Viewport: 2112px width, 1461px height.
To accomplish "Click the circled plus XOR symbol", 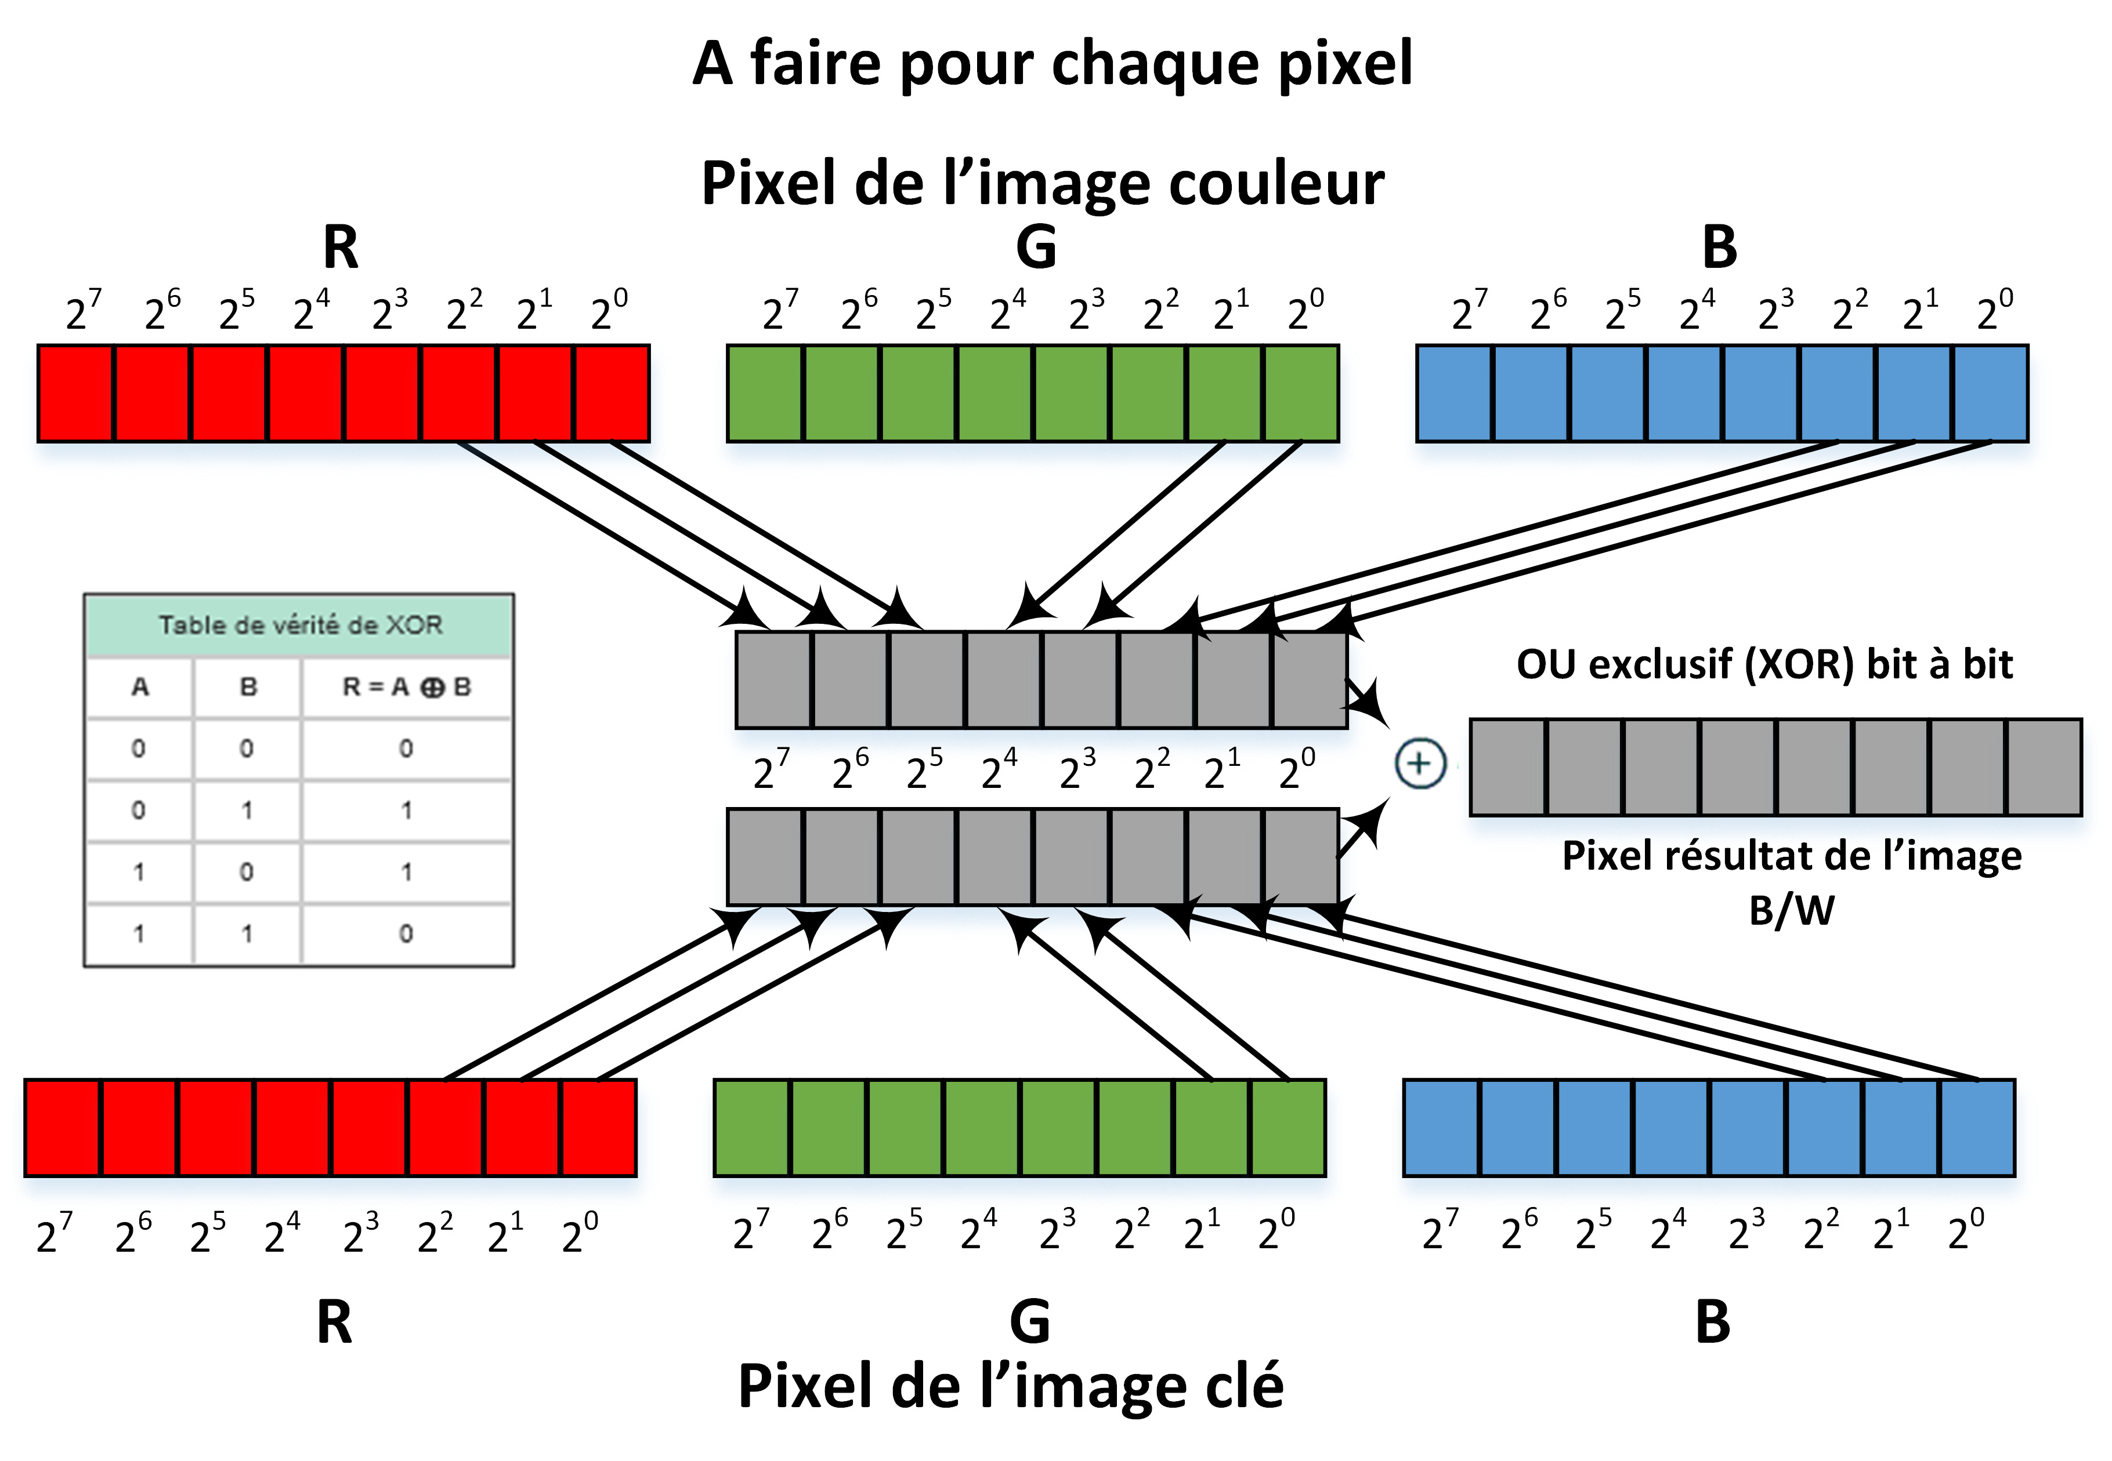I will click(x=1420, y=764).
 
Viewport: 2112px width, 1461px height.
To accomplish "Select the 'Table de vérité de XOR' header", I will click(x=299, y=625).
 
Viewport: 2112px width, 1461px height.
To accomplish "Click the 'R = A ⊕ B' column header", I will click(x=406, y=686).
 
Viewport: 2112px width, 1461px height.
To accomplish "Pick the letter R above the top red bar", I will click(x=341, y=247).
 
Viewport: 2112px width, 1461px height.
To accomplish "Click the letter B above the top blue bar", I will click(x=1719, y=247).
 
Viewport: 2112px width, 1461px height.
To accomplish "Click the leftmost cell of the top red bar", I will click(x=76, y=394).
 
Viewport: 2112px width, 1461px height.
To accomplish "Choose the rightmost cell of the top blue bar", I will click(x=1990, y=394).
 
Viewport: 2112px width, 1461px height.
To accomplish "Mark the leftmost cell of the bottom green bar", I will click(x=752, y=1128).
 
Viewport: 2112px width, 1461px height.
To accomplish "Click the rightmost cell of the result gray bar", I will click(x=2044, y=767).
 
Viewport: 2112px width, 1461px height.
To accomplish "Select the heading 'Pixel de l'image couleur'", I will click(x=1042, y=183).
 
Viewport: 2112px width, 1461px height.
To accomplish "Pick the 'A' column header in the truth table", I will click(x=139, y=686).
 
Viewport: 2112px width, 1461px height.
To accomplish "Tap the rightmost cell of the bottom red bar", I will click(x=598, y=1128).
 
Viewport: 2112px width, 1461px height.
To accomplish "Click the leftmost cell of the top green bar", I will click(x=765, y=394).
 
